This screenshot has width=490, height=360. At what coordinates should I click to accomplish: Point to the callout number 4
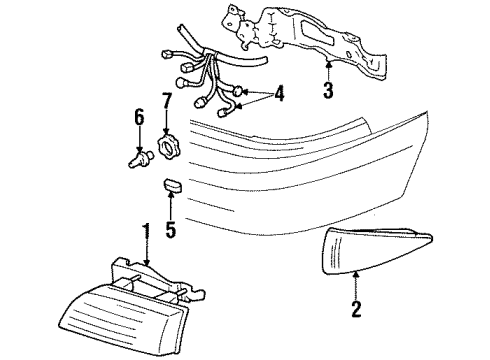pyautogui.click(x=279, y=95)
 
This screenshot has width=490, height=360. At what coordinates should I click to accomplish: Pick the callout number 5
pyautogui.click(x=170, y=231)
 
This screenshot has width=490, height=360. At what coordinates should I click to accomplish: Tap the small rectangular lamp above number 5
pyautogui.click(x=171, y=186)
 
